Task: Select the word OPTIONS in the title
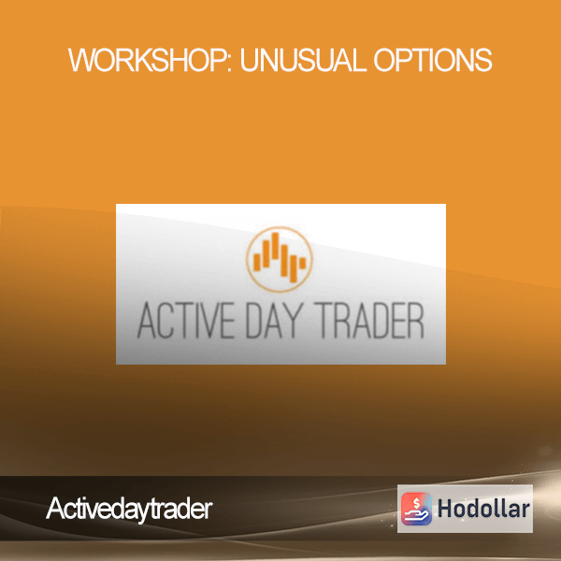point(433,60)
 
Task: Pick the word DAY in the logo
point(275,321)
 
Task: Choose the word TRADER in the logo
point(369,321)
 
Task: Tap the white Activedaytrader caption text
point(130,510)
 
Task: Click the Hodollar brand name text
point(483,509)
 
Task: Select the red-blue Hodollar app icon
point(416,509)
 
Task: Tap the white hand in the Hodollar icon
point(416,515)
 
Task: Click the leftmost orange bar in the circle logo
point(257,262)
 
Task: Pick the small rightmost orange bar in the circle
point(303,263)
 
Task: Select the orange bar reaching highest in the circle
point(275,245)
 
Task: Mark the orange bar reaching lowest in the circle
point(294,269)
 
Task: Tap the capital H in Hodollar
point(445,509)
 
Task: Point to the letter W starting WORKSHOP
point(81,60)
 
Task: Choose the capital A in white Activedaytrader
point(55,508)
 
